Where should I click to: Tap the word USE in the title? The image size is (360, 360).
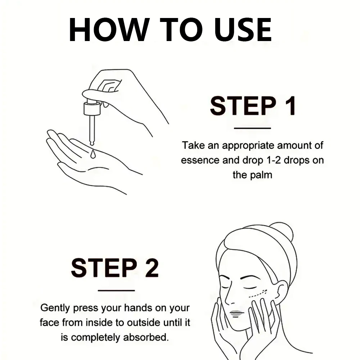pos(243,30)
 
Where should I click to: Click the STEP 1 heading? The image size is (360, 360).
pos(253,106)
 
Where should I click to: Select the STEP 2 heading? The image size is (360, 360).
pos(115,268)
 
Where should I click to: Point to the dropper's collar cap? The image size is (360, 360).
pos(92,109)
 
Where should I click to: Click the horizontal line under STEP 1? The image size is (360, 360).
pos(252,128)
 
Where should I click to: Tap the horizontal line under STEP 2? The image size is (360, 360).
pos(116,291)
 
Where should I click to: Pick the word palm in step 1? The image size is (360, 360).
pos(261,175)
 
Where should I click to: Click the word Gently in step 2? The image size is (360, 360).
pos(55,308)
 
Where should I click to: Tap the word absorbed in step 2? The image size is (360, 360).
pos(146,337)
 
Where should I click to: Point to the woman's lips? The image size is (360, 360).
pos(237,313)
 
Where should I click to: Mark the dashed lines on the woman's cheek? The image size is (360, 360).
pos(258,294)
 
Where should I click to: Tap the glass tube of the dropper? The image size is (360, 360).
pos(92,130)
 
